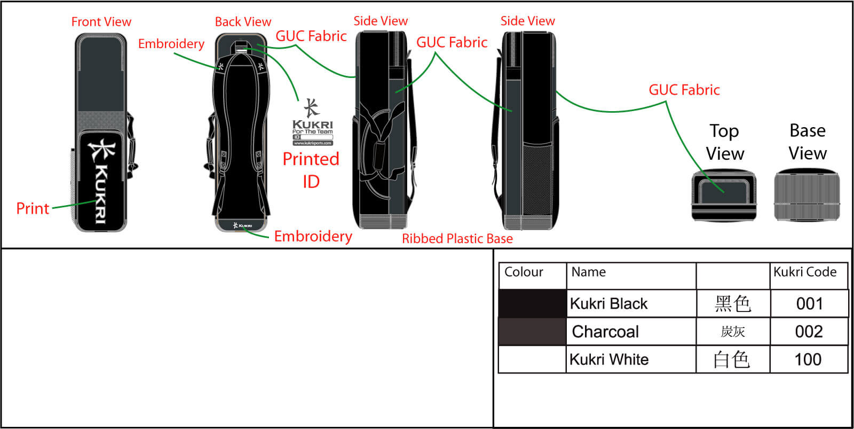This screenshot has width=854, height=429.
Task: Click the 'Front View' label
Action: [101, 22]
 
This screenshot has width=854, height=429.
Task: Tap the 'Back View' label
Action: [243, 22]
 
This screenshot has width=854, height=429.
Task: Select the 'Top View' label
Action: [724, 142]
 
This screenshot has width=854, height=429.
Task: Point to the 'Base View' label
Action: [808, 142]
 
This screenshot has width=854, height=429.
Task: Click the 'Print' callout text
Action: [33, 208]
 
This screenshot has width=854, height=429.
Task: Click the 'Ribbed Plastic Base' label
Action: [457, 239]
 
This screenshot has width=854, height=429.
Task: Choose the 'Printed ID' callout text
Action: [311, 170]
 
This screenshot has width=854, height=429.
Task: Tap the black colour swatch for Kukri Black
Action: [532, 303]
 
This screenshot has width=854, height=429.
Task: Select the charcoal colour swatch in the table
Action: [532, 331]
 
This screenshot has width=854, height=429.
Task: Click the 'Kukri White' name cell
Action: [609, 360]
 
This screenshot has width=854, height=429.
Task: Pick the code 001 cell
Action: [809, 304]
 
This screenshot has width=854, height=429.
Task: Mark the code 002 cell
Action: [809, 332]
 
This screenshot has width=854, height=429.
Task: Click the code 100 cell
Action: [808, 360]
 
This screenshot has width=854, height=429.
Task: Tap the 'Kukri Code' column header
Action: [805, 272]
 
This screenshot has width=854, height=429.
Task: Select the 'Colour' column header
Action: [524, 272]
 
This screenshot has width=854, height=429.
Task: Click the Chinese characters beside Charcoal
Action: [732, 332]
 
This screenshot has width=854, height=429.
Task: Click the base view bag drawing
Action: [806, 194]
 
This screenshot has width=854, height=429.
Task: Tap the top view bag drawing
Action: [724, 194]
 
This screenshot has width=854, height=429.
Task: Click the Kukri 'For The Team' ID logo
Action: [312, 122]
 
